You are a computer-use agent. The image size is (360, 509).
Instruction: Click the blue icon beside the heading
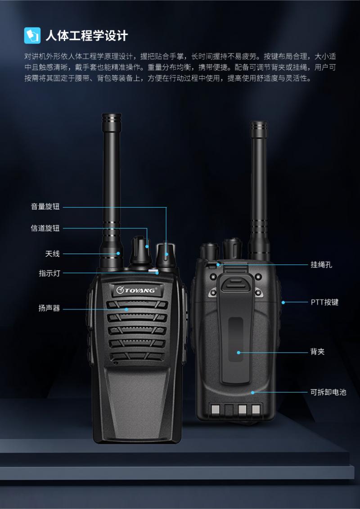tap(32, 36)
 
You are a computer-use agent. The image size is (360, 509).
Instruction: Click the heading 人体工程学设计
tap(86, 36)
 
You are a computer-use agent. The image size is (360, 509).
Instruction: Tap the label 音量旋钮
tap(45, 207)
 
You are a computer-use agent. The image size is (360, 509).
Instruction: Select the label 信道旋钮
tap(45, 228)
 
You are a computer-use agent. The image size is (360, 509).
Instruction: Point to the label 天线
tap(52, 254)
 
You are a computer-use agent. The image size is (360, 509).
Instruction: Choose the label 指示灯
tap(49, 273)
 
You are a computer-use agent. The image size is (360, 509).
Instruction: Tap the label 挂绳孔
tap(321, 264)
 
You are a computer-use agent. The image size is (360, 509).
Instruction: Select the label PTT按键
tap(324, 302)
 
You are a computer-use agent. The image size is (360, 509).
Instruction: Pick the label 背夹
tap(317, 352)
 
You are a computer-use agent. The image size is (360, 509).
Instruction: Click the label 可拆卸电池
tap(328, 392)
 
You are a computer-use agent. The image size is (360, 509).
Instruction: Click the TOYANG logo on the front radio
tap(137, 290)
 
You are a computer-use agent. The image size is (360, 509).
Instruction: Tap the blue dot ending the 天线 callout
tap(118, 254)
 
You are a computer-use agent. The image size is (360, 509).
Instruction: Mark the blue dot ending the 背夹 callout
tap(238, 353)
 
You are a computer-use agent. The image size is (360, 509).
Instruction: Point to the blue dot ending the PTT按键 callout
tap(283, 303)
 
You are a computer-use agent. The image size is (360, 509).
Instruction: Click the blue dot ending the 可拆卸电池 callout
tap(252, 393)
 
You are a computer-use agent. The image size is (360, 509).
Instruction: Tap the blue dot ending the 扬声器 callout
tap(127, 309)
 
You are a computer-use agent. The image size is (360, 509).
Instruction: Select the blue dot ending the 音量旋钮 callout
tap(166, 254)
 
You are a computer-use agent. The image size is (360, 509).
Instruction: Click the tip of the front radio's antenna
tap(112, 114)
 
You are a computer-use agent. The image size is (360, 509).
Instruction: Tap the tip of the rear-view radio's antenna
tap(259, 122)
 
